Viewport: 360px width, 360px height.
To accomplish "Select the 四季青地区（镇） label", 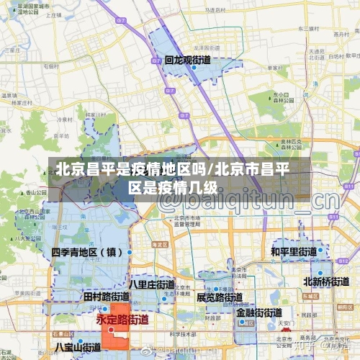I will click(x=87, y=253).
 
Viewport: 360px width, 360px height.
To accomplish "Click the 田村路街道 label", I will click(x=106, y=296).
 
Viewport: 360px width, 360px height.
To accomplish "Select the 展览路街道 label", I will click(x=219, y=297).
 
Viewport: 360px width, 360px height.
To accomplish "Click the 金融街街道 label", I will click(x=258, y=313).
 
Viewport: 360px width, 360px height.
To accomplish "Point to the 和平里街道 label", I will click(x=293, y=252).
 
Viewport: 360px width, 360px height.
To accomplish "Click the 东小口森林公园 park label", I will click(x=284, y=97).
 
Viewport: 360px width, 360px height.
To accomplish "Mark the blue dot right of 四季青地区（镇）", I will click(x=130, y=253).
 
